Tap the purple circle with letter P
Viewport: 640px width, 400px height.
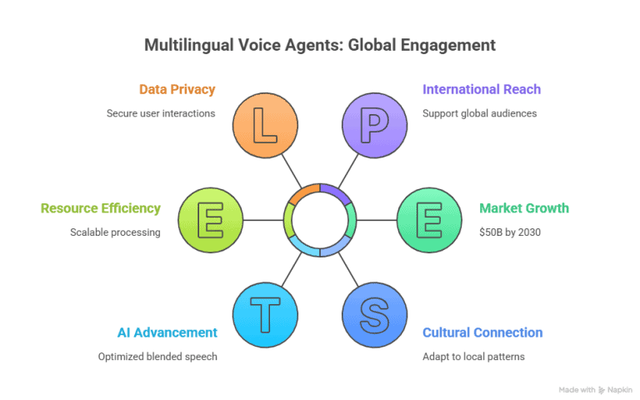coord(374,127)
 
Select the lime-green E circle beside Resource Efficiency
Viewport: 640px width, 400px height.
coord(210,220)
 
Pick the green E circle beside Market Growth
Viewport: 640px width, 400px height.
coord(429,220)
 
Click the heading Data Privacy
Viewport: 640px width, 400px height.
coord(177,89)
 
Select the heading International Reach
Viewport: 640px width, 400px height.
coord(482,89)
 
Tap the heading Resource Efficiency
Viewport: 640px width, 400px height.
coord(101,208)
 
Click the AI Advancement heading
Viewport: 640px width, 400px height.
coord(167,332)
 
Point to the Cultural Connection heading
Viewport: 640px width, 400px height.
coord(482,332)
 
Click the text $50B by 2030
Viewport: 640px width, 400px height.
coord(511,232)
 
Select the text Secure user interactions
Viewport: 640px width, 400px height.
coord(161,112)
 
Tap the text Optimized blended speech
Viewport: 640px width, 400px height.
coord(157,357)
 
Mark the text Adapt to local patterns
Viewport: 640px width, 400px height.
coord(473,357)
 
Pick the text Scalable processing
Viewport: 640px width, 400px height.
coord(115,232)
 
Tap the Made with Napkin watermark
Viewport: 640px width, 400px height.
coord(595,389)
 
